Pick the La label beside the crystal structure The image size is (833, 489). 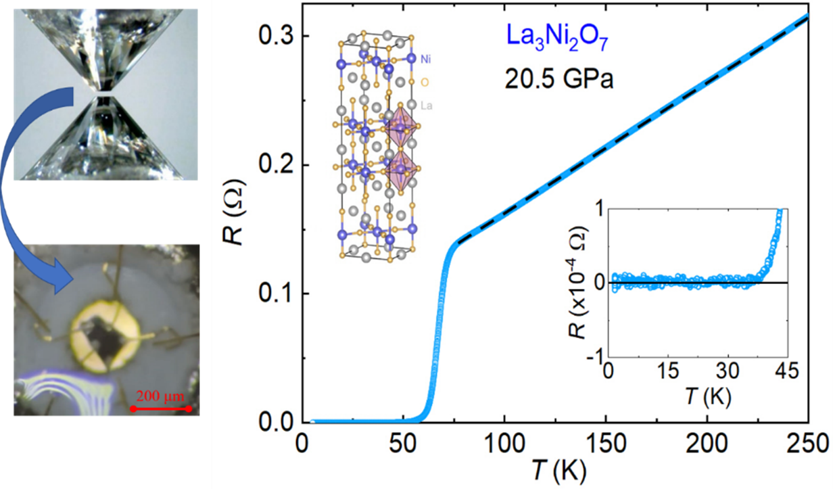(x=427, y=106)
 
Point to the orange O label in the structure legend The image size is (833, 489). (x=425, y=83)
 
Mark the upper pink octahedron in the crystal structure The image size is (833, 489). (x=399, y=129)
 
